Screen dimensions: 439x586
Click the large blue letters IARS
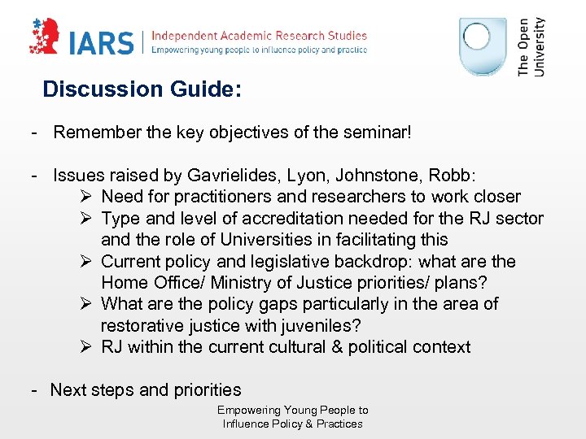[102, 43]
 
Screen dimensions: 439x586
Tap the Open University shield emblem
[484, 48]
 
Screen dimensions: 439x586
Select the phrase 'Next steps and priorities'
[146, 389]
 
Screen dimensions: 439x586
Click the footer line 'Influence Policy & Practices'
[293, 424]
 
